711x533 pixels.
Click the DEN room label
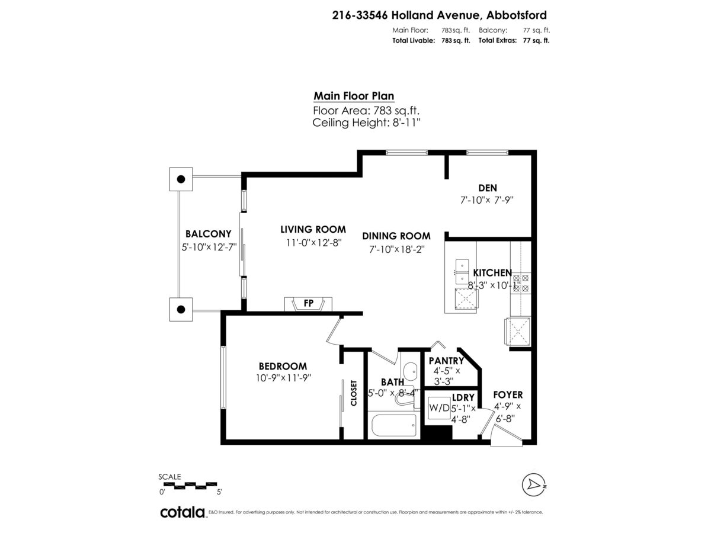pyautogui.click(x=487, y=188)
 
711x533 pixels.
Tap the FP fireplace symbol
pyautogui.click(x=308, y=303)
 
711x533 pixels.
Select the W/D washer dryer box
pyautogui.click(x=439, y=408)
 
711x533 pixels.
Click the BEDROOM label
pyautogui.click(x=283, y=367)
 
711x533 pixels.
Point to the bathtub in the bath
pyautogui.click(x=392, y=425)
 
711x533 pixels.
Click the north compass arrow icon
pyautogui.click(x=534, y=484)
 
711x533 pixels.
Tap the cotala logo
pyautogui.click(x=182, y=512)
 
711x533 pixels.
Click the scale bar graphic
pyautogui.click(x=190, y=485)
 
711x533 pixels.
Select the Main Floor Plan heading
pyautogui.click(x=354, y=96)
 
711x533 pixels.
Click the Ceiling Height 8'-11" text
pyautogui.click(x=366, y=123)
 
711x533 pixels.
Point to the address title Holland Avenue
pyautogui.click(x=439, y=16)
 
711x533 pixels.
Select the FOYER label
pyautogui.click(x=508, y=394)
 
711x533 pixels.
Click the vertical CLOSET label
pyautogui.click(x=354, y=393)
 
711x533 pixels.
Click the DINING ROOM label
pyautogui.click(x=396, y=236)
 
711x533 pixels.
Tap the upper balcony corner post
pyautogui.click(x=181, y=178)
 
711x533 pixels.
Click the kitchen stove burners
pyautogui.click(x=520, y=283)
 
